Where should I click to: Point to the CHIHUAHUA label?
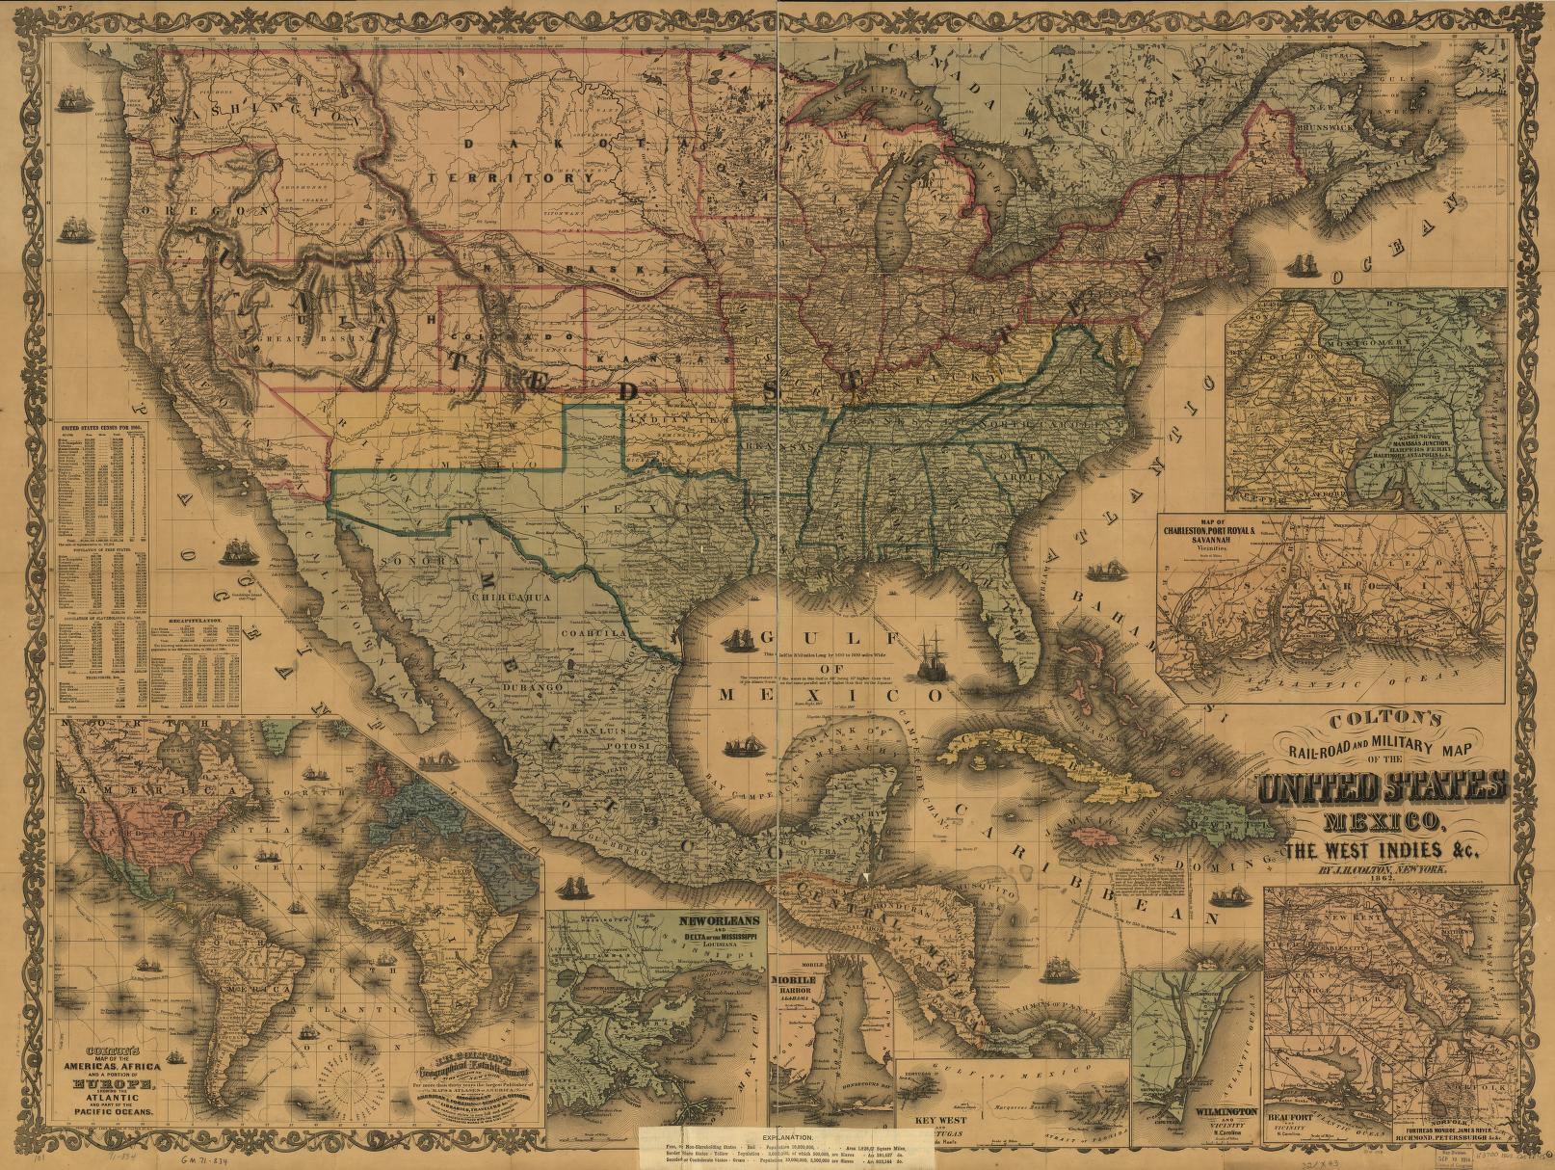[510, 598]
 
